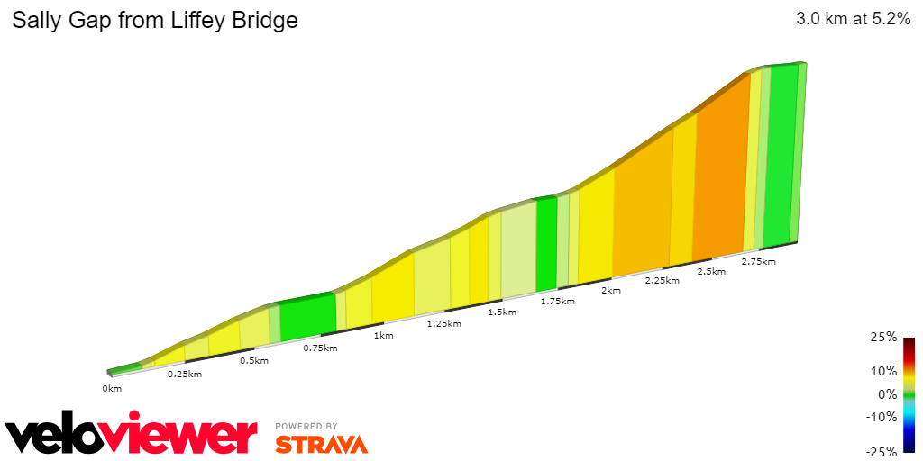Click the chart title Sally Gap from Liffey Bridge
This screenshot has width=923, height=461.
[x=154, y=20]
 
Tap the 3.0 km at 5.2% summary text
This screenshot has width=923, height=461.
[x=853, y=19]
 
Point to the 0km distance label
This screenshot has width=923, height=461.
[x=112, y=389]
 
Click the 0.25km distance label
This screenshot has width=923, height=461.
[x=185, y=374]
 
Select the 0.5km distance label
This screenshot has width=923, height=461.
[x=254, y=361]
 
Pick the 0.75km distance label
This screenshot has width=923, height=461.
[x=320, y=348]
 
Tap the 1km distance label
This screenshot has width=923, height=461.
[x=384, y=336]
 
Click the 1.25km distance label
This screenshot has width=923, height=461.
[x=444, y=323]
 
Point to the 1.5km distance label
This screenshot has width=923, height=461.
[x=502, y=312]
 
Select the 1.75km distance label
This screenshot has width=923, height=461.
[x=558, y=302]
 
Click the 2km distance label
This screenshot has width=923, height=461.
[x=611, y=291]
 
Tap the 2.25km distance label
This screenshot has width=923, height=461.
[x=663, y=281]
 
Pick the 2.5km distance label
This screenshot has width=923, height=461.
[x=711, y=271]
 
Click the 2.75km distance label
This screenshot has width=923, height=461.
[x=758, y=262]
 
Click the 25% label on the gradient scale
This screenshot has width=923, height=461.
[x=884, y=338]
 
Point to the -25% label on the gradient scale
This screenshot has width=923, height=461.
[x=882, y=451]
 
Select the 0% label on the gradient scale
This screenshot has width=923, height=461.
[x=887, y=394]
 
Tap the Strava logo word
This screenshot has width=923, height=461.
[x=321, y=444]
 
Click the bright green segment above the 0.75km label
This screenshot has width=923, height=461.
[x=307, y=320]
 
